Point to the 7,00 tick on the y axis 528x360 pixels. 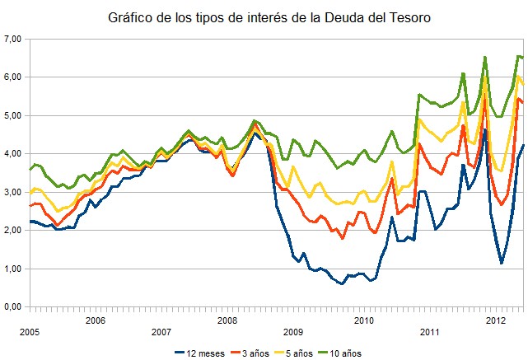pyautogui.click(x=12, y=39)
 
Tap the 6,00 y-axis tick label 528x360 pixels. pyautogui.click(x=12, y=77)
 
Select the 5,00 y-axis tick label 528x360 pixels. pyautogui.click(x=12, y=115)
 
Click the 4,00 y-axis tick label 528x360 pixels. pyautogui.click(x=12, y=153)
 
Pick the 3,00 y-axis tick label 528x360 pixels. pyautogui.click(x=12, y=192)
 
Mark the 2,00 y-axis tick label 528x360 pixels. pyautogui.click(x=12, y=230)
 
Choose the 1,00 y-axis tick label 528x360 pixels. pyautogui.click(x=12, y=269)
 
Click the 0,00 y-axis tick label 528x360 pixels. pyautogui.click(x=12, y=306)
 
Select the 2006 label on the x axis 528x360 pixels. pyautogui.click(x=95, y=320)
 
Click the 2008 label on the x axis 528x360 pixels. pyautogui.click(x=228, y=320)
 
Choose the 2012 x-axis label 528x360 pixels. pyautogui.click(x=495, y=320)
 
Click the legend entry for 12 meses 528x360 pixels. pyautogui.click(x=205, y=353)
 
